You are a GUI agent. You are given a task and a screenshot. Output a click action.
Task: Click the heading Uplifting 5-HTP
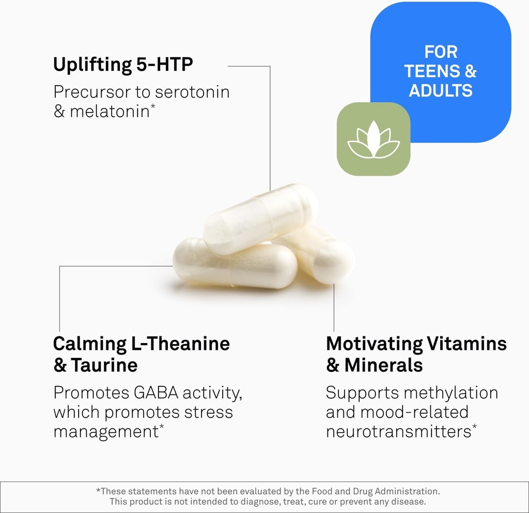pos(123,65)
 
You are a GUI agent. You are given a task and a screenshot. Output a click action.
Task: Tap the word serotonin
pos(192,92)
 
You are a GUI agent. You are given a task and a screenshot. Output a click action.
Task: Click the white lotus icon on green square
pos(374,139)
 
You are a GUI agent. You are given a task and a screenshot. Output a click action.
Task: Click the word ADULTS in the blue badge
pos(441,90)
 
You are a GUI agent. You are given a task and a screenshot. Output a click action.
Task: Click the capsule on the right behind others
pos(325,256)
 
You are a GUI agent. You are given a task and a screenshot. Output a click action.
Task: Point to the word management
pos(105,431)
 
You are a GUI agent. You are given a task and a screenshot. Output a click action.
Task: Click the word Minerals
pos(383,365)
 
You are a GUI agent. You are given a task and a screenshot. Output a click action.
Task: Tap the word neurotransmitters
pos(398,431)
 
